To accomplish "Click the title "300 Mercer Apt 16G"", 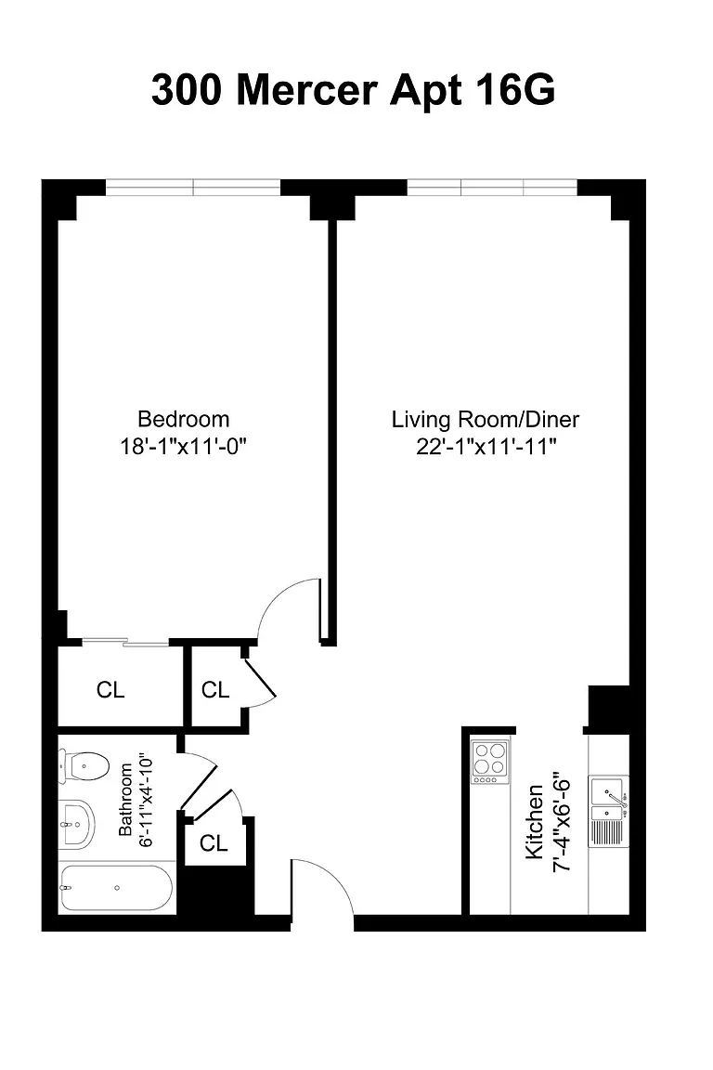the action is click(353, 90).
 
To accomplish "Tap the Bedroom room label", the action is click(184, 419).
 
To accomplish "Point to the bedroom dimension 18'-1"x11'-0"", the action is click(183, 447).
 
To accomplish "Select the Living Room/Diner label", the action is click(486, 419).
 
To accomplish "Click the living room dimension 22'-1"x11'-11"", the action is click(486, 447).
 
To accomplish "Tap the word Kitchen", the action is click(534, 822).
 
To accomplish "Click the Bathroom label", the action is click(125, 800).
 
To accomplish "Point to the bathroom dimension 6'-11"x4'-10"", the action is click(146, 800).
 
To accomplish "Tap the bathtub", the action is click(116, 888).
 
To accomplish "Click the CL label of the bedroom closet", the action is click(110, 690).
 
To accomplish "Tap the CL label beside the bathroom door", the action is click(214, 843).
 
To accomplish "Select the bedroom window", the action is click(193, 187).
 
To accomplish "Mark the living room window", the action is click(493, 187).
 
